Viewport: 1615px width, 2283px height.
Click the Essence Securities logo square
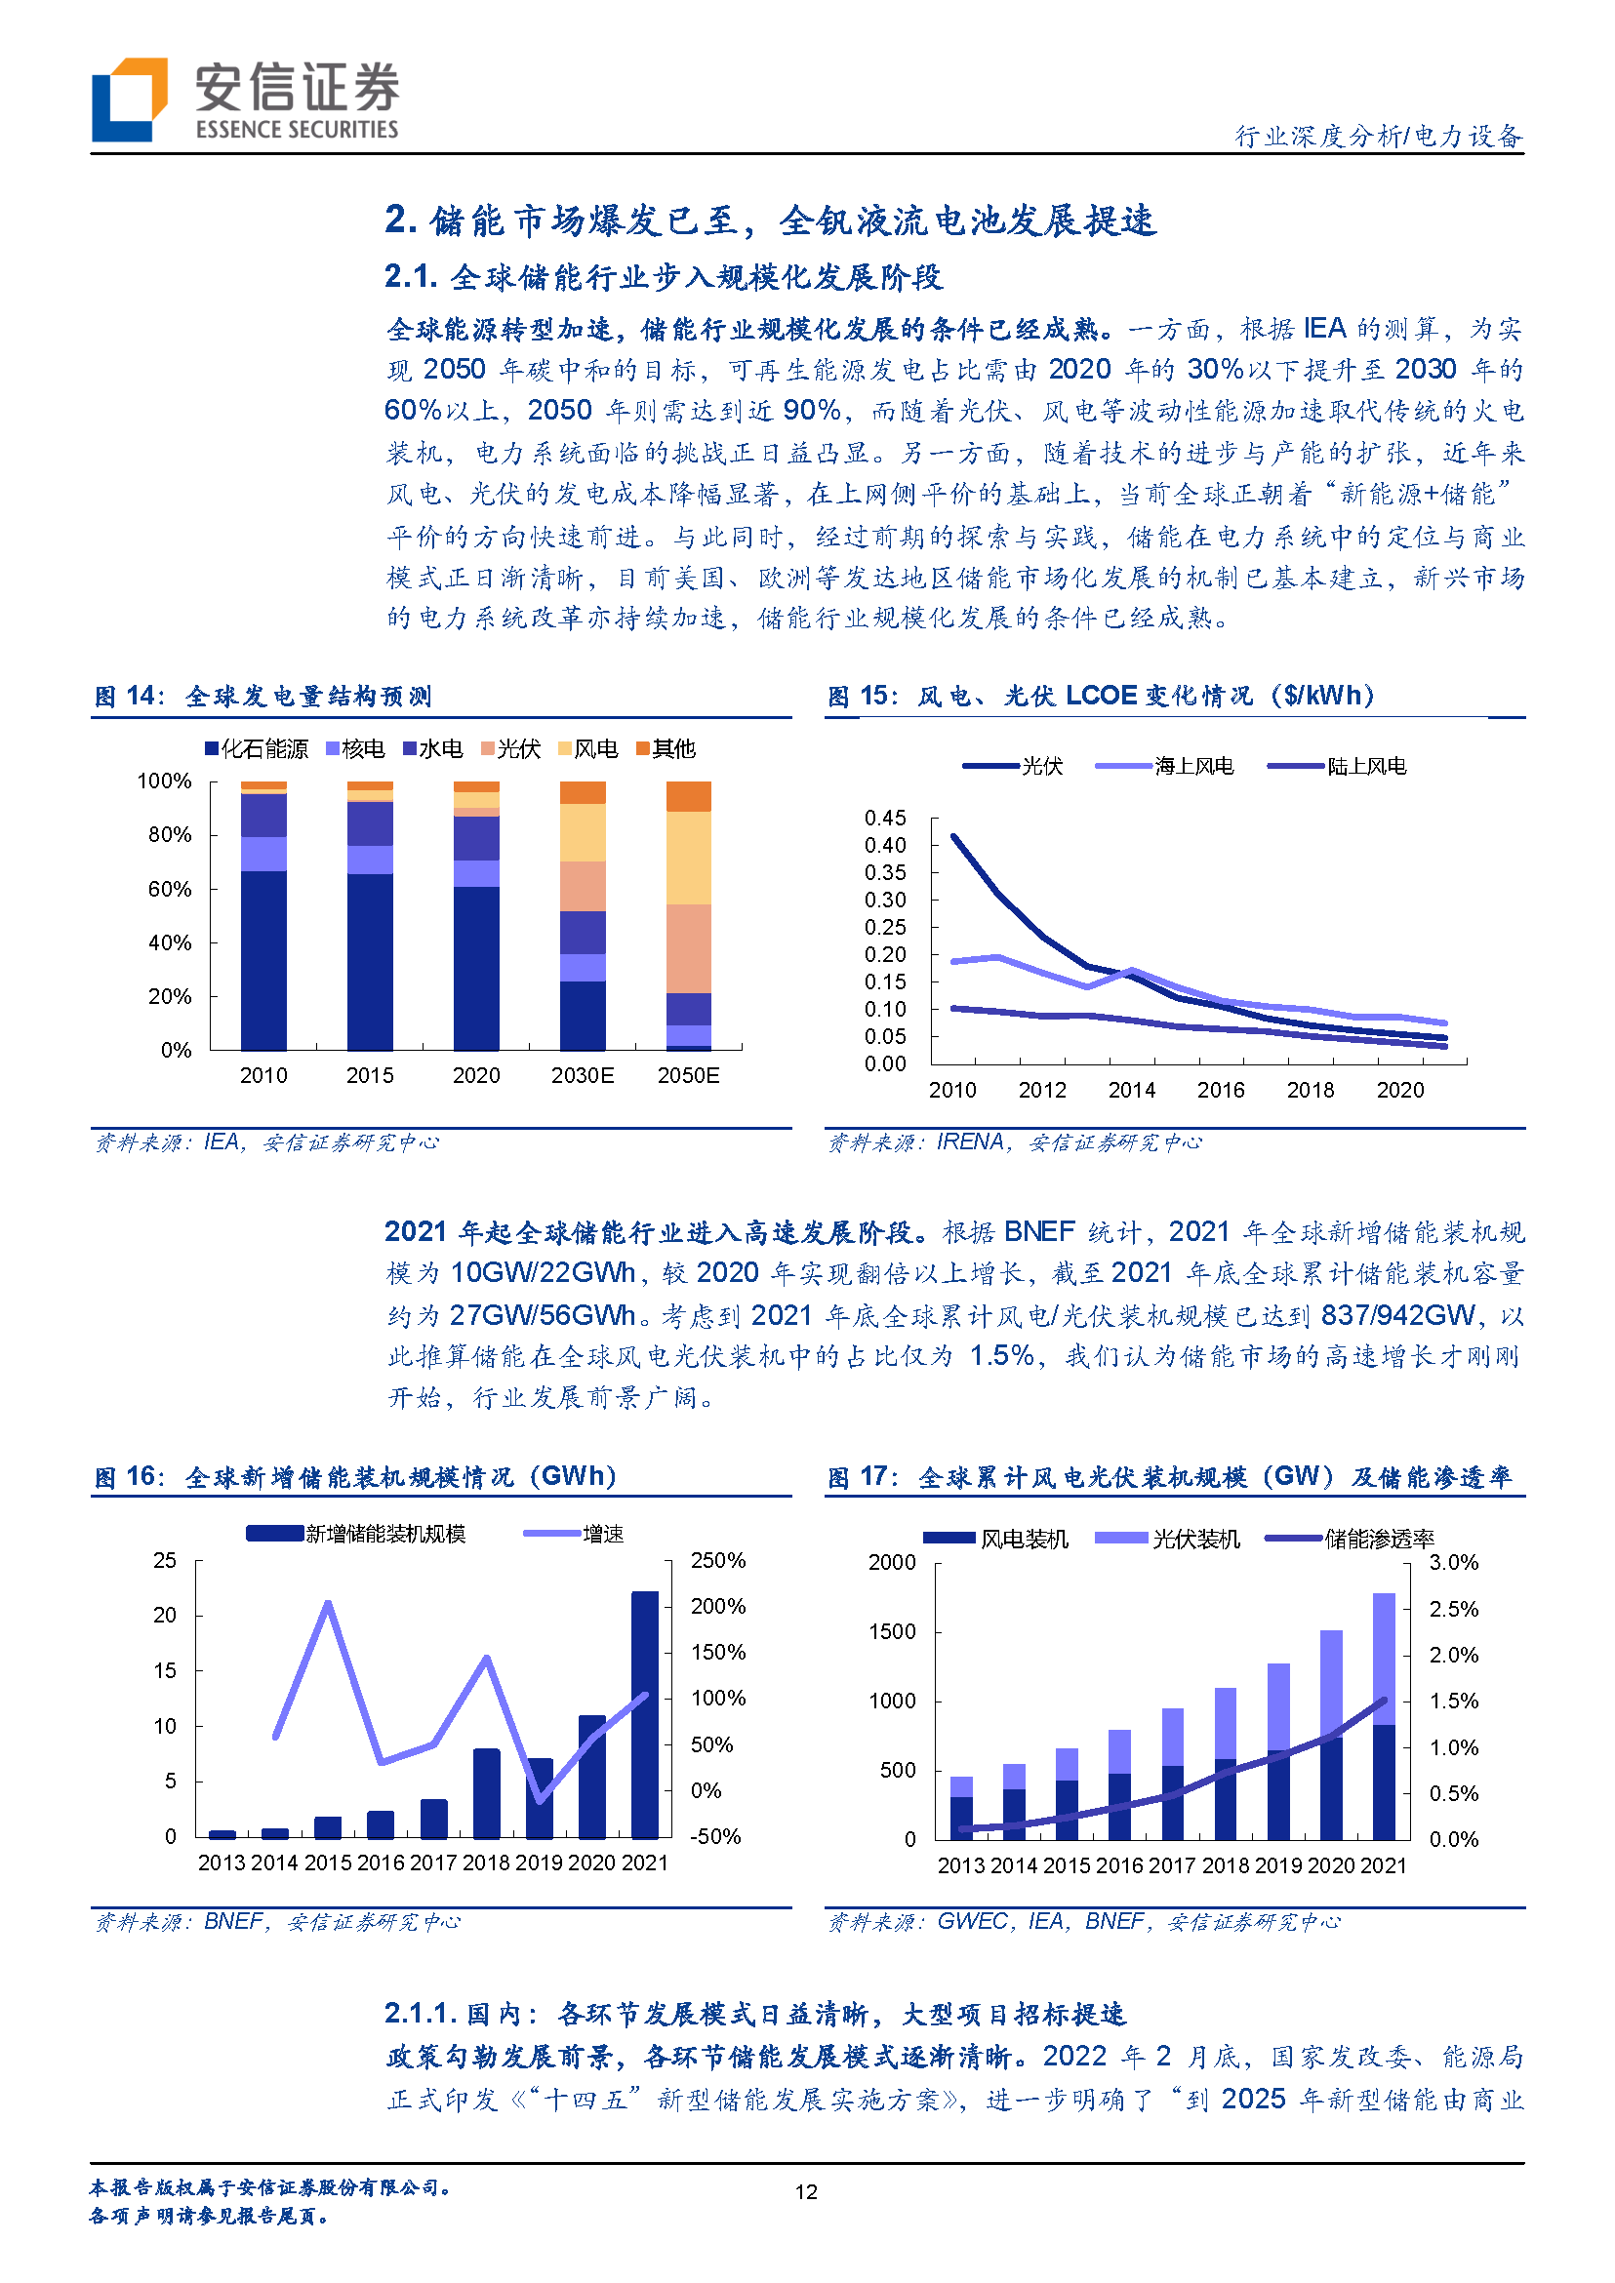tap(128, 100)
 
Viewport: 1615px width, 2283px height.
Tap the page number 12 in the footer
tap(805, 2191)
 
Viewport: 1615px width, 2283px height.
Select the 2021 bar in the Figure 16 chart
tap(644, 1714)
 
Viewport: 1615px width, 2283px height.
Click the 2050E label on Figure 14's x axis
tap(688, 1076)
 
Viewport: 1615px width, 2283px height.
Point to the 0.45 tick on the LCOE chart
tap(885, 819)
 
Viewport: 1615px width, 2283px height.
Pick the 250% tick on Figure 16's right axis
tap(718, 1560)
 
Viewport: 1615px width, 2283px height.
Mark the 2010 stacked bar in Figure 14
tap(263, 915)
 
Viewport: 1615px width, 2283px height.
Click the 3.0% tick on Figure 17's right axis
tap(1454, 1562)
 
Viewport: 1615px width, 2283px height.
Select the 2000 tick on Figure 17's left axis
tap(892, 1562)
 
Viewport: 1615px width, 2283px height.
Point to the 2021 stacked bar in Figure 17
tap(1385, 1715)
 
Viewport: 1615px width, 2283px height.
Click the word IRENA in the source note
tap(970, 1142)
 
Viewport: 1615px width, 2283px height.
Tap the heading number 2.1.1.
tap(420, 2014)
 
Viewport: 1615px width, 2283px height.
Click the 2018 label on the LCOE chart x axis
tap(1311, 1091)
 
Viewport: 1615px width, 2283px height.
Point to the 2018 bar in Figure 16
tap(486, 1794)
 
